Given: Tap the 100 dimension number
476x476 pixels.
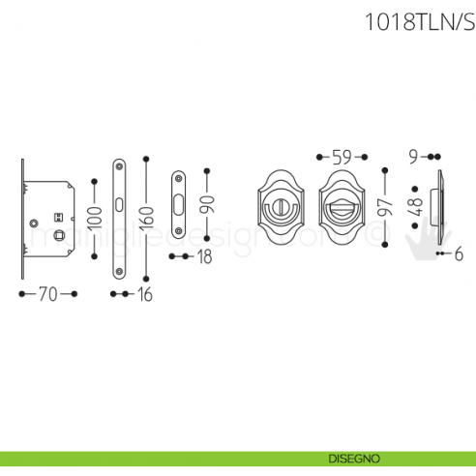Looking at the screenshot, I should click(x=93, y=218).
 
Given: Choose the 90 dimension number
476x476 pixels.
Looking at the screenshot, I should click(x=206, y=203).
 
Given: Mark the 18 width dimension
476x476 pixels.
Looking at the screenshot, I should click(x=203, y=256).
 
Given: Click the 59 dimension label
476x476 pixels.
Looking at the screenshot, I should click(x=342, y=156).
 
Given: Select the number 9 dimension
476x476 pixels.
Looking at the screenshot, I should click(x=413, y=156).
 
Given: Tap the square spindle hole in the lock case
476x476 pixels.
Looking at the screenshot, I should click(x=60, y=235).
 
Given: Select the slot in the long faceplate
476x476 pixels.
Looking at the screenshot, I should click(x=119, y=205).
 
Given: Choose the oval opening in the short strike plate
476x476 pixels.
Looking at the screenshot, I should click(x=179, y=203).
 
